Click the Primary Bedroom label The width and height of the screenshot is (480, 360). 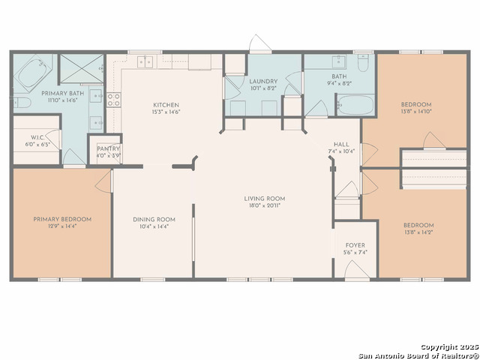point(62,219)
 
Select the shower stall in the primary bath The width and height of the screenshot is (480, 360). point(79,70)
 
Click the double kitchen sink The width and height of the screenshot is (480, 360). point(145,61)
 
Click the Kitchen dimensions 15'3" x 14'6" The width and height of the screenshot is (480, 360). point(166,112)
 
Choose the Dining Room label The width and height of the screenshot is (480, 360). point(154,219)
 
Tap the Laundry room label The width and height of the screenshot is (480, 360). point(263,81)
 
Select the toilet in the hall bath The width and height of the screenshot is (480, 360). point(363,64)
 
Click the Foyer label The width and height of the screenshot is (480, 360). point(355,245)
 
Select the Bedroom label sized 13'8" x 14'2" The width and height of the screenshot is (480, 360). point(418,225)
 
